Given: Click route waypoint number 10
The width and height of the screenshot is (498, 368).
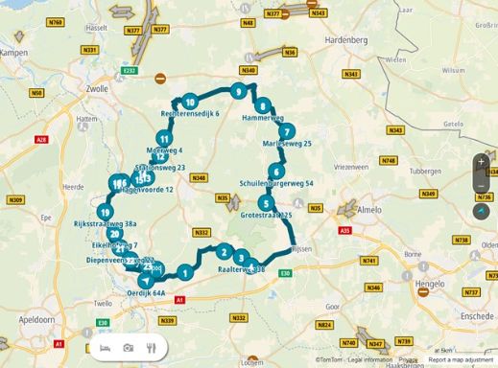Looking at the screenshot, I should pyautogui.click(x=191, y=103).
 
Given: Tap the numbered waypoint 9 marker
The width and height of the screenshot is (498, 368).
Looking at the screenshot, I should pyautogui.click(x=236, y=91).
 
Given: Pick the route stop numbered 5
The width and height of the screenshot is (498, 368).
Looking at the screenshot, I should pyautogui.click(x=264, y=203).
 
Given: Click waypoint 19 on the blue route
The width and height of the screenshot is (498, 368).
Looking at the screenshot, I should pyautogui.click(x=104, y=213).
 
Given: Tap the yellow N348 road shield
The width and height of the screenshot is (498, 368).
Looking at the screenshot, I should pyautogui.click(x=199, y=177).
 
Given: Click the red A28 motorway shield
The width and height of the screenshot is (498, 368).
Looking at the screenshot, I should pyautogui.click(x=41, y=140).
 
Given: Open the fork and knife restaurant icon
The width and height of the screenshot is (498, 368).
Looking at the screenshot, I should pyautogui.click(x=151, y=346).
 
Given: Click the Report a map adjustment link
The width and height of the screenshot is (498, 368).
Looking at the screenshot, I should pyautogui.click(x=462, y=360).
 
